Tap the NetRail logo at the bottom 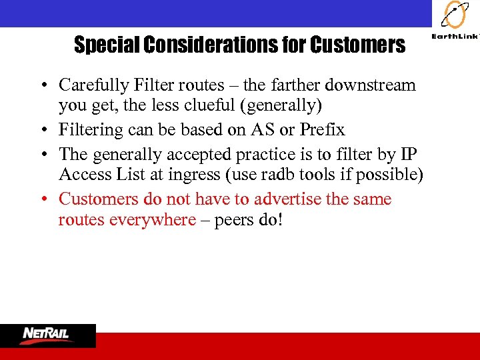coord(47,335)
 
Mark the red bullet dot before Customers coord(42,199)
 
